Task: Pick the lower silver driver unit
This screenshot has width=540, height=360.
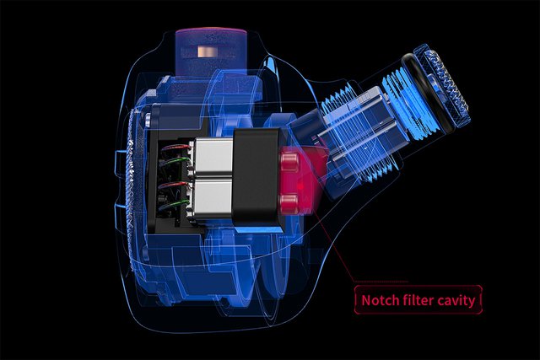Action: pyautogui.click(x=213, y=198)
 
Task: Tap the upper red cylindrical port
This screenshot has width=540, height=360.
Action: pyautogui.click(x=289, y=159)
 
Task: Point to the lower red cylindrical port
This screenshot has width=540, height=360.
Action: pyautogui.click(x=289, y=203)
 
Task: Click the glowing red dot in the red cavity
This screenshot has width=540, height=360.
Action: pyautogui.click(x=300, y=186)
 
